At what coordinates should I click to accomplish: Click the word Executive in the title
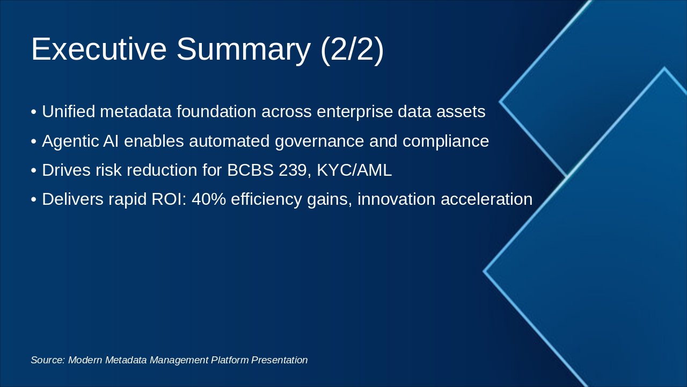[99, 49]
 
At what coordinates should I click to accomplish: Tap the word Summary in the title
[243, 49]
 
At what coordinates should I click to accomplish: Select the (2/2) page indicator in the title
[352, 49]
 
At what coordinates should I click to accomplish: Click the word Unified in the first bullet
[69, 112]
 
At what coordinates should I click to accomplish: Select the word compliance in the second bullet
[445, 141]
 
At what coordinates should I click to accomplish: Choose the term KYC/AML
[354, 170]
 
